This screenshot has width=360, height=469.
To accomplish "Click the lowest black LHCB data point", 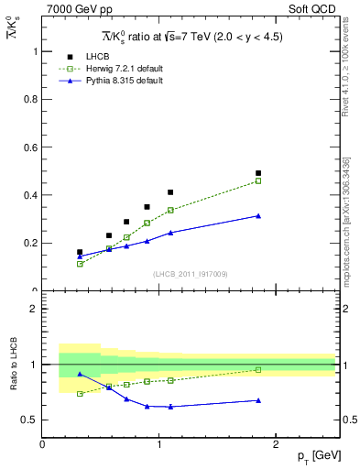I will coord(80,252).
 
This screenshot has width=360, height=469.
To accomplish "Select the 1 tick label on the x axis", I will coord(159,444).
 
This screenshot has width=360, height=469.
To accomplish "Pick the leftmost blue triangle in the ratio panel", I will coord(80,374).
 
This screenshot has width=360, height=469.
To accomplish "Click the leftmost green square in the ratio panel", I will coord(80,394).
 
